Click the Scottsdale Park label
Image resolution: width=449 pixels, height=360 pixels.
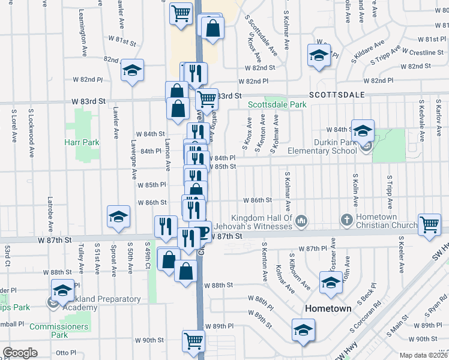tap(278, 104)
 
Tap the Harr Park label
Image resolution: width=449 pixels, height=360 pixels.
tap(82, 142)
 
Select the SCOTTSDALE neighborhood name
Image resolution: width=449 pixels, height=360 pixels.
tap(337, 95)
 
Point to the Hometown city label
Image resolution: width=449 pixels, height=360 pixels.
tap(328, 308)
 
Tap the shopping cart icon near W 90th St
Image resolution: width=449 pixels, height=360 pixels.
tap(193, 341)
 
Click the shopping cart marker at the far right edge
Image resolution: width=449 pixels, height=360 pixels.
tap(429, 225)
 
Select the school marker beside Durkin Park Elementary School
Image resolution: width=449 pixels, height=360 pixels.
tap(363, 130)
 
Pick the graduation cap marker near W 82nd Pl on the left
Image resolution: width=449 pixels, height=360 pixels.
tap(132, 70)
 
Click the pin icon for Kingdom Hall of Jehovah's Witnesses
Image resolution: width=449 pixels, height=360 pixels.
tap(301, 221)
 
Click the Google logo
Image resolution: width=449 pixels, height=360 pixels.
tap(20, 353)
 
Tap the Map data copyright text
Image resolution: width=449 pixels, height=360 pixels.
tap(423, 355)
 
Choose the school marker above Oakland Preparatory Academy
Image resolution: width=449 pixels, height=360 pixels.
tap(62, 290)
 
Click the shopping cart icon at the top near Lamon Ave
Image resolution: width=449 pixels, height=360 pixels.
tap(181, 12)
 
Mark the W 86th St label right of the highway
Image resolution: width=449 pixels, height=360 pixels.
tap(257, 200)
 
